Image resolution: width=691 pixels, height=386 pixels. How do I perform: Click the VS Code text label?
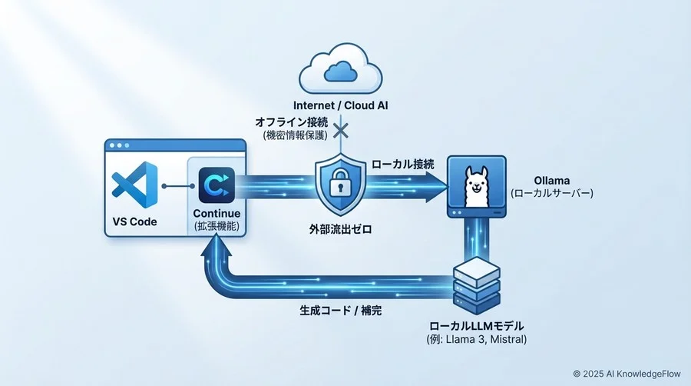point(134,222)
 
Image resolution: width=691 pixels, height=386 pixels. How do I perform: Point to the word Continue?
point(216,213)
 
